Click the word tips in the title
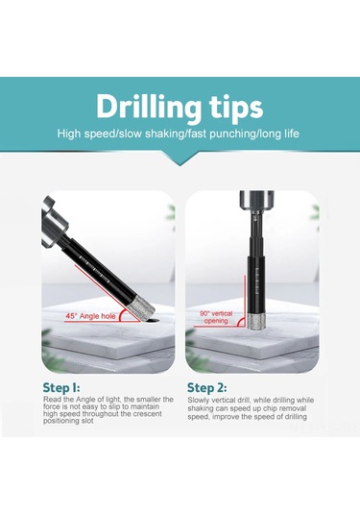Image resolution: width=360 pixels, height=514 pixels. (236, 108)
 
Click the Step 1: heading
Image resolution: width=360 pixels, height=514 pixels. (61, 387)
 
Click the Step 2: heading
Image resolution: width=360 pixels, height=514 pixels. (206, 388)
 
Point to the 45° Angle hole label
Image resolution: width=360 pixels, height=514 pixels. (91, 316)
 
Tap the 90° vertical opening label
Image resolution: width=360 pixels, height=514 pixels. (216, 317)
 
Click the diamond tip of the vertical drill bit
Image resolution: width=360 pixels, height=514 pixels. (257, 322)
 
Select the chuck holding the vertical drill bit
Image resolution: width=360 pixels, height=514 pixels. (256, 202)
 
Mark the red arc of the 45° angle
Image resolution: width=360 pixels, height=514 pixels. (120, 316)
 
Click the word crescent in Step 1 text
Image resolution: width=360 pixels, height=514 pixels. (149, 414)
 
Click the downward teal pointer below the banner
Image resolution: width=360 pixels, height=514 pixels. (180, 159)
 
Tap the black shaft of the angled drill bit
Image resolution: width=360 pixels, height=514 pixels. (98, 268)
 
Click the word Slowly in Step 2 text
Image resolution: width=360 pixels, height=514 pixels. (198, 401)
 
